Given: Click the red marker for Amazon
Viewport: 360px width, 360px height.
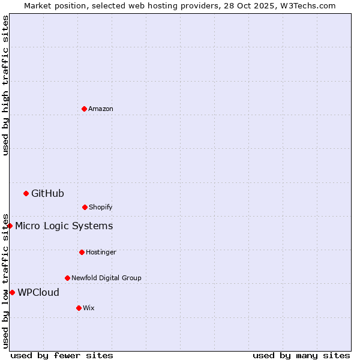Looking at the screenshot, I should (x=84, y=109).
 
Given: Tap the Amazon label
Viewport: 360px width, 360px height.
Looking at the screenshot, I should (x=101, y=109).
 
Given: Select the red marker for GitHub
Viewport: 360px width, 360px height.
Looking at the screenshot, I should (x=26, y=193).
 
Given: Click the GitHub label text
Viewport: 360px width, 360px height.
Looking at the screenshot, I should (x=47, y=193).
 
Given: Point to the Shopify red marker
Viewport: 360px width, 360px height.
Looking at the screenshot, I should (x=85, y=207).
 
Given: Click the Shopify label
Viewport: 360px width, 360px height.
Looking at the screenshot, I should (x=101, y=207).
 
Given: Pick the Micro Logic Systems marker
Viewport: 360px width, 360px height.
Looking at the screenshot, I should (x=10, y=226).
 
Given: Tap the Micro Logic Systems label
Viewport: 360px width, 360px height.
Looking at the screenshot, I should (x=64, y=226).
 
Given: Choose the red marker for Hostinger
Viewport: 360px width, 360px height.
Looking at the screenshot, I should (x=82, y=252).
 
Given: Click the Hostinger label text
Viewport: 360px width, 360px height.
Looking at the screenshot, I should (x=101, y=252).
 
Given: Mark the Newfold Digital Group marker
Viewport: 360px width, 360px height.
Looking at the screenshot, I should (x=67, y=278).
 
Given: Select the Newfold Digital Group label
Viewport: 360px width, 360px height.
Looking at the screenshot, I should (x=106, y=278).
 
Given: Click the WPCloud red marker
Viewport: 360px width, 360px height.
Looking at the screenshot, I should (x=12, y=292).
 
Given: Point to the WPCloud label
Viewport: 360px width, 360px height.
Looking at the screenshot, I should (x=38, y=292).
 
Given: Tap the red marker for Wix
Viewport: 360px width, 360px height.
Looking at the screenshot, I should (x=79, y=308).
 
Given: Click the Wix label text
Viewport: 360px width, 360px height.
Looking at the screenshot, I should (x=89, y=308).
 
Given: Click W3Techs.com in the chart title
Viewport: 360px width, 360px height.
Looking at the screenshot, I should (x=308, y=5).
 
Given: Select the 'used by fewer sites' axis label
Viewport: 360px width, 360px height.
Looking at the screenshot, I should (x=62, y=355).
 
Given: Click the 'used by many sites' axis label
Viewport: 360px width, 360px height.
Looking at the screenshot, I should (x=301, y=355).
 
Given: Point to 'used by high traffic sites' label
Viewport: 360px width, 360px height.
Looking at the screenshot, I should (x=5, y=85).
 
